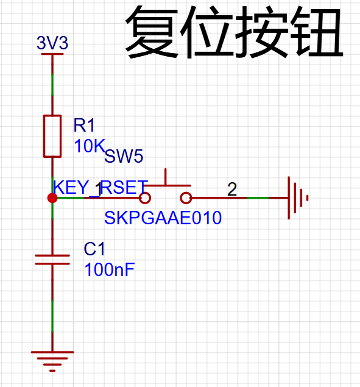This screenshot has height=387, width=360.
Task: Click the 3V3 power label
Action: (52, 43)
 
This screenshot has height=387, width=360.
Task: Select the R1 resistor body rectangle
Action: (52, 136)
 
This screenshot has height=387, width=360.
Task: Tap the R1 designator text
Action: (84, 125)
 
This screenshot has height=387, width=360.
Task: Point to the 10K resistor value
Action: (90, 146)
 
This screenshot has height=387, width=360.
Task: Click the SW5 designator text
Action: (124, 156)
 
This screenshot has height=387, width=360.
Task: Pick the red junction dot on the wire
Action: (52, 198)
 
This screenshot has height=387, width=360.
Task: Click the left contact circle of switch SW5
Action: (145, 198)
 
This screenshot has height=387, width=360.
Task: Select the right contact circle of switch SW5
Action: (186, 198)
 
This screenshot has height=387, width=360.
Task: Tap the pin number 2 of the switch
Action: (232, 190)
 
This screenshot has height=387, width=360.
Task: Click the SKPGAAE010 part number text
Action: (163, 218)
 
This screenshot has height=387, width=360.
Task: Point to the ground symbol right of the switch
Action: (298, 198)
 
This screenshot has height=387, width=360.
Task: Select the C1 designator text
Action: (94, 249)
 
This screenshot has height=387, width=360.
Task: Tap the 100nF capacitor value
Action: (110, 269)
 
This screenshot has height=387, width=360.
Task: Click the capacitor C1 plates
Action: (52, 260)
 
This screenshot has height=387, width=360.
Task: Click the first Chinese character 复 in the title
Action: (152, 32)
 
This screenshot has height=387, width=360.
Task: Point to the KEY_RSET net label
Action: (101, 188)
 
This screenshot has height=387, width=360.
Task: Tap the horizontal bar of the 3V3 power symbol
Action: (52, 54)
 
